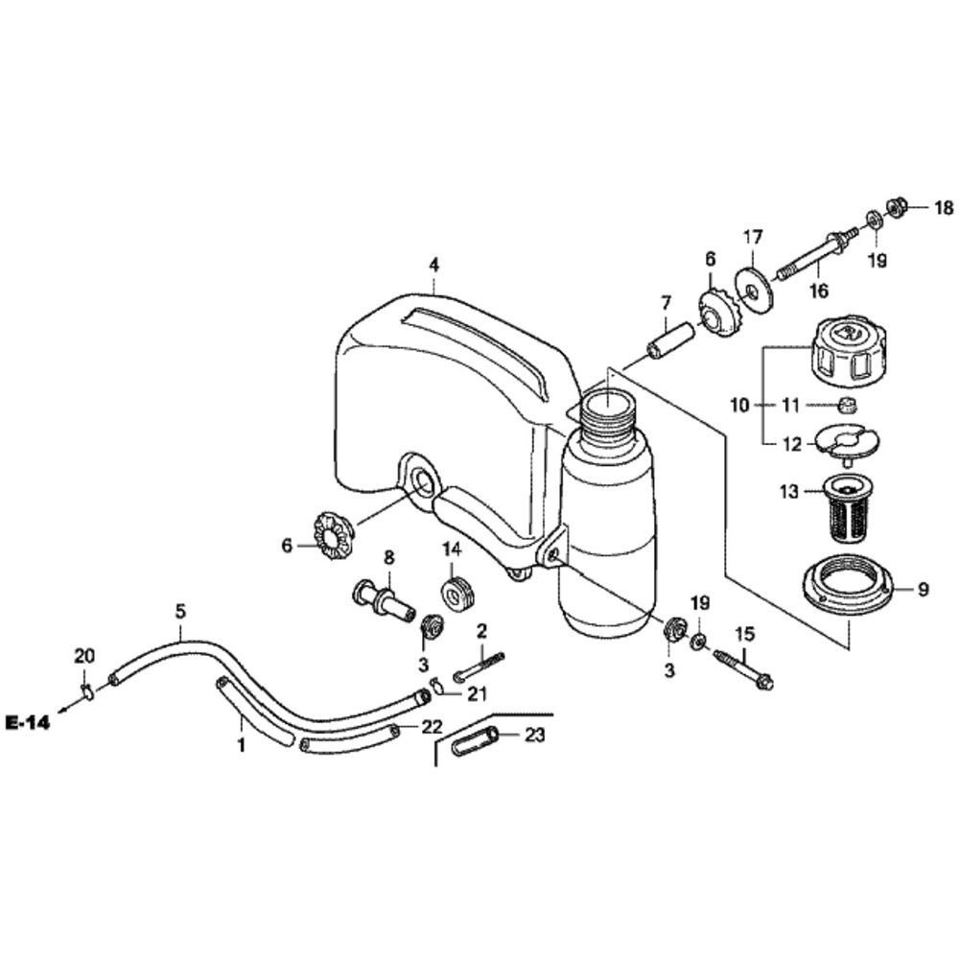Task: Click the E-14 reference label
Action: point(26,722)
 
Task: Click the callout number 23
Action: point(534,737)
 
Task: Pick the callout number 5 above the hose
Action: point(180,609)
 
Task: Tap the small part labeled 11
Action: point(847,405)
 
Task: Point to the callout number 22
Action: point(433,727)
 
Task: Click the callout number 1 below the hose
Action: point(242,744)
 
